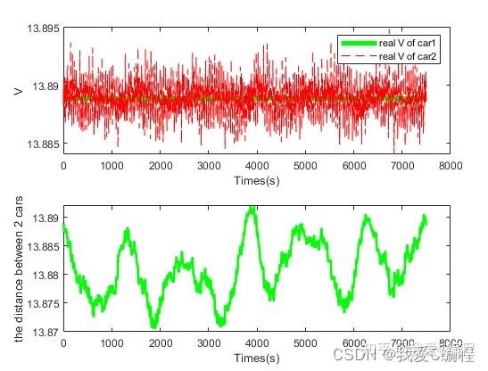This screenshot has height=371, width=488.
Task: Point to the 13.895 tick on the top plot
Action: pos(43,29)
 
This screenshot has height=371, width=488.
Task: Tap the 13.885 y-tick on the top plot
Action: pos(43,144)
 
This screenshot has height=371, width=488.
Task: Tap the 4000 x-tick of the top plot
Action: pos(257,165)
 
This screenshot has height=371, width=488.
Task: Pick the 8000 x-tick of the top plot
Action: pos(451,165)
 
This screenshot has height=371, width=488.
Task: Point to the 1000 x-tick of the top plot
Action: pos(112,165)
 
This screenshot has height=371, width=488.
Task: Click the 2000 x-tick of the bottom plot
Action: pos(160,344)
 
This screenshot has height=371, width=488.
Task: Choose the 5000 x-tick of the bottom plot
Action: pos(306,344)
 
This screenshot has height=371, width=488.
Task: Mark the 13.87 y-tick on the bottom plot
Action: pos(45,332)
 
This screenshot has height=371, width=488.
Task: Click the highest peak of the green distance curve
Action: pos(252,208)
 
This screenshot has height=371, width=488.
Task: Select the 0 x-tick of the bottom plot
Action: pos(63,344)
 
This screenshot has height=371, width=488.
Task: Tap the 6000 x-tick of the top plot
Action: pos(354,165)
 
